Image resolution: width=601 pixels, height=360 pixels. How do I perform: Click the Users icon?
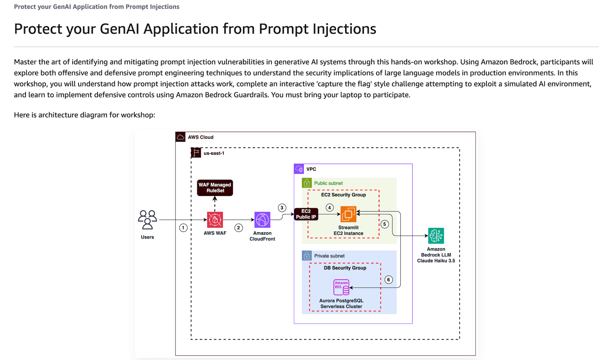pos(147,219)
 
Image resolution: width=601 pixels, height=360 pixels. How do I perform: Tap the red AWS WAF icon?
pos(215,220)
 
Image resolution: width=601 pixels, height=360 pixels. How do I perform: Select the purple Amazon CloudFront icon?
pos(262,220)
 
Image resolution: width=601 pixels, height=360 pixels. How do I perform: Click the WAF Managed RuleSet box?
pos(215,188)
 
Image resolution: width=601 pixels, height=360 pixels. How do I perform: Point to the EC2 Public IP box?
pos(306,214)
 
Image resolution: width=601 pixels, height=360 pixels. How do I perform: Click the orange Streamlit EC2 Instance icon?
pos(348,214)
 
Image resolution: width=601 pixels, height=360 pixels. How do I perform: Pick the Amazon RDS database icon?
pos(341,287)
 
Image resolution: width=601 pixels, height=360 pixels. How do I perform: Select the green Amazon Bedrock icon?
pos(436,236)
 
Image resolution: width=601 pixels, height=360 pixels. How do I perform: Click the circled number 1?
pos(183,228)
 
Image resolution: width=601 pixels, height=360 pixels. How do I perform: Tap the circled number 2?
pos(239,228)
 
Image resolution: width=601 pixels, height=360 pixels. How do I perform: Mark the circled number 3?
pos(282,208)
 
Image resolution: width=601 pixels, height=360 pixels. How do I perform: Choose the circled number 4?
pos(329,207)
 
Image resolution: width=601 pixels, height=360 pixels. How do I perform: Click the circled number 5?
pos(384,224)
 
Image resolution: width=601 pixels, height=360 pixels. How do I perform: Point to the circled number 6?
pos(388,280)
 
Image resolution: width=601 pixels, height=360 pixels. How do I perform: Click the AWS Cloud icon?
pos(180,137)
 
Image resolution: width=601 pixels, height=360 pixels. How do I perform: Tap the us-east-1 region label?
pos(214,153)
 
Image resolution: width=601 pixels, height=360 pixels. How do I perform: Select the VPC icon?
pos(299,169)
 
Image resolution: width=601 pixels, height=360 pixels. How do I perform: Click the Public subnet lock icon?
pos(307,183)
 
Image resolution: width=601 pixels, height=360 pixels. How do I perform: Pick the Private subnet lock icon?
pos(307,256)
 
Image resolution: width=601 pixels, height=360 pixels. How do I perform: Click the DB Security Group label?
pos(345,268)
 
